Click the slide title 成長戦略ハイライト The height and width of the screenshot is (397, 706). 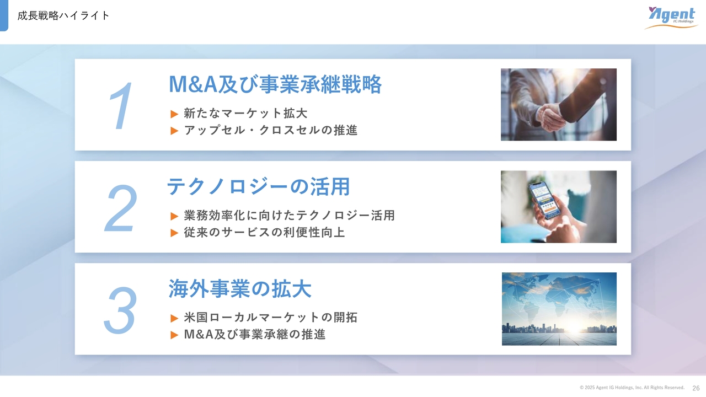(63, 15)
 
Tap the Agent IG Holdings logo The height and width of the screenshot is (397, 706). (671, 18)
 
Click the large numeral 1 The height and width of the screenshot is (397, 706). (121, 105)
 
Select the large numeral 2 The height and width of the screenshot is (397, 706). (121, 208)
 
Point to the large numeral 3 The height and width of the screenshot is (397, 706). (120, 310)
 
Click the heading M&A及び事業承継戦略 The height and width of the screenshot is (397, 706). (275, 84)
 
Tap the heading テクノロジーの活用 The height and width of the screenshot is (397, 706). (259, 186)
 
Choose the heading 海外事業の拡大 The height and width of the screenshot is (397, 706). (240, 288)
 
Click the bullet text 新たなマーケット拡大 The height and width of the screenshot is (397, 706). (245, 113)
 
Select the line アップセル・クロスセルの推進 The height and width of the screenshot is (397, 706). (271, 130)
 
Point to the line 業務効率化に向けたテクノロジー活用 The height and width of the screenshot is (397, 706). (290, 216)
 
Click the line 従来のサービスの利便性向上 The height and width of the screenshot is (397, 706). (264, 233)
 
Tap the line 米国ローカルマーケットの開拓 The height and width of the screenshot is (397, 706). (271, 317)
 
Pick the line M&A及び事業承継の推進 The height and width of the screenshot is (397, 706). (255, 334)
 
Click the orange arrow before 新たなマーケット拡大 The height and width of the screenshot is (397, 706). (174, 114)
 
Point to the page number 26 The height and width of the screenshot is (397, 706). (696, 388)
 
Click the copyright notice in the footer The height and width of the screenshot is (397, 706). (632, 388)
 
